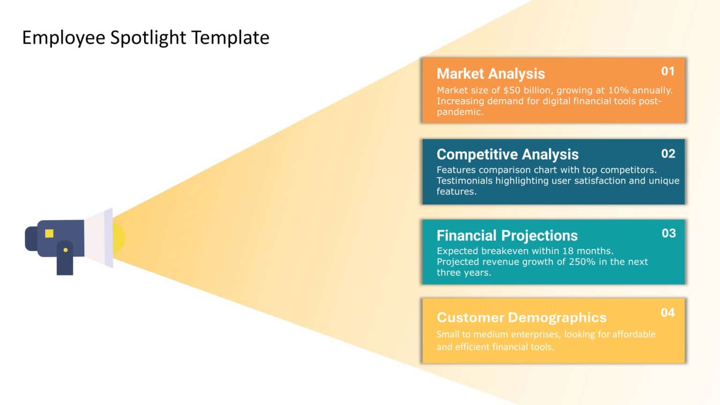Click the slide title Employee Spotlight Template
[x=146, y=37]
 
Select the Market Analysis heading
[x=490, y=74]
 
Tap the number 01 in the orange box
[x=667, y=71]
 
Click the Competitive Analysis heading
[x=507, y=154]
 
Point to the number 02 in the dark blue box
[x=668, y=154]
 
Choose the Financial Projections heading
[x=507, y=235]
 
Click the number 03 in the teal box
[x=668, y=233]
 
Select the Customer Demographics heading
[x=521, y=317]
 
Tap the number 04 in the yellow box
[x=667, y=313]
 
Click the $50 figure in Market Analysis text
[x=511, y=90]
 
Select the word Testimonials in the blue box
[x=464, y=181]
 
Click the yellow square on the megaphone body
[x=49, y=233]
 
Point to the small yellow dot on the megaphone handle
[x=65, y=250]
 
